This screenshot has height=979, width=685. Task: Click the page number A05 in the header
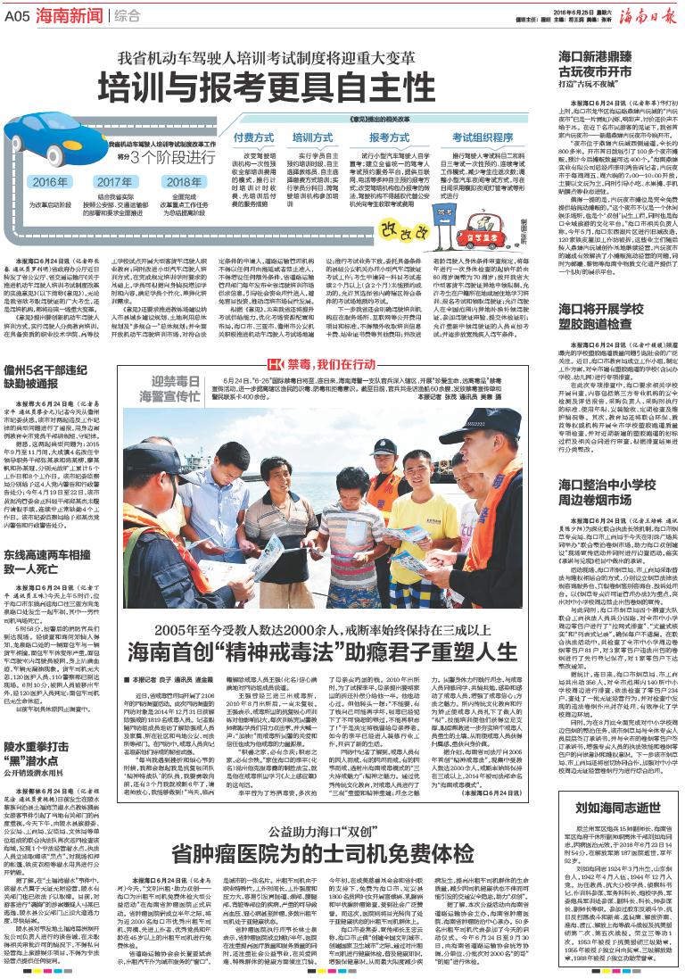coord(17,14)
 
